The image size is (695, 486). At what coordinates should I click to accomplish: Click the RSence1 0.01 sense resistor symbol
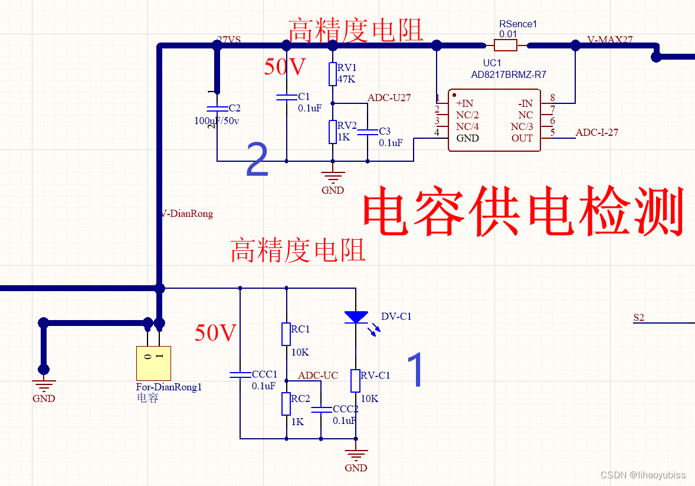[x=506, y=45]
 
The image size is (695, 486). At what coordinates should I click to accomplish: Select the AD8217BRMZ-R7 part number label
[x=508, y=74]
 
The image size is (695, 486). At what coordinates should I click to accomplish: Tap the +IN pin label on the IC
[x=464, y=103]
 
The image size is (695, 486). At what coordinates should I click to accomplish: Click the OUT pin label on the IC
[x=522, y=138]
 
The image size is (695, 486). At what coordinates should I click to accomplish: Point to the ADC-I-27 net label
[x=596, y=132]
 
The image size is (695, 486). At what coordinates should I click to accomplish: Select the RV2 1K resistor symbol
[x=333, y=132]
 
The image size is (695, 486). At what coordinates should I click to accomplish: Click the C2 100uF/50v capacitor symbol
[x=217, y=109]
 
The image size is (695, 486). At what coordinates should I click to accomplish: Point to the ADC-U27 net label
[x=389, y=97]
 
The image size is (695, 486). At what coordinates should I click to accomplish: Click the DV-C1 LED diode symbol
[x=356, y=317]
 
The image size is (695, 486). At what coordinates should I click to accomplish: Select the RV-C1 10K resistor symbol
[x=355, y=381]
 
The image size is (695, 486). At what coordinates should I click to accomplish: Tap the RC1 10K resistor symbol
[x=286, y=334]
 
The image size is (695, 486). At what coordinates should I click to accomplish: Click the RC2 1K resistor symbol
[x=286, y=404]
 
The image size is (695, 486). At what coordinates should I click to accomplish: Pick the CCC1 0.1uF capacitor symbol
[x=240, y=374]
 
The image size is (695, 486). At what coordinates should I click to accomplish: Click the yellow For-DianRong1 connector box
[x=153, y=363]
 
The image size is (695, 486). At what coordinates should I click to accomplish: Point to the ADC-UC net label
[x=317, y=376]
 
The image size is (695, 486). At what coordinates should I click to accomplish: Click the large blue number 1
[x=415, y=370]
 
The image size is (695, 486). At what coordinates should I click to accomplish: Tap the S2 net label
[x=638, y=318]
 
